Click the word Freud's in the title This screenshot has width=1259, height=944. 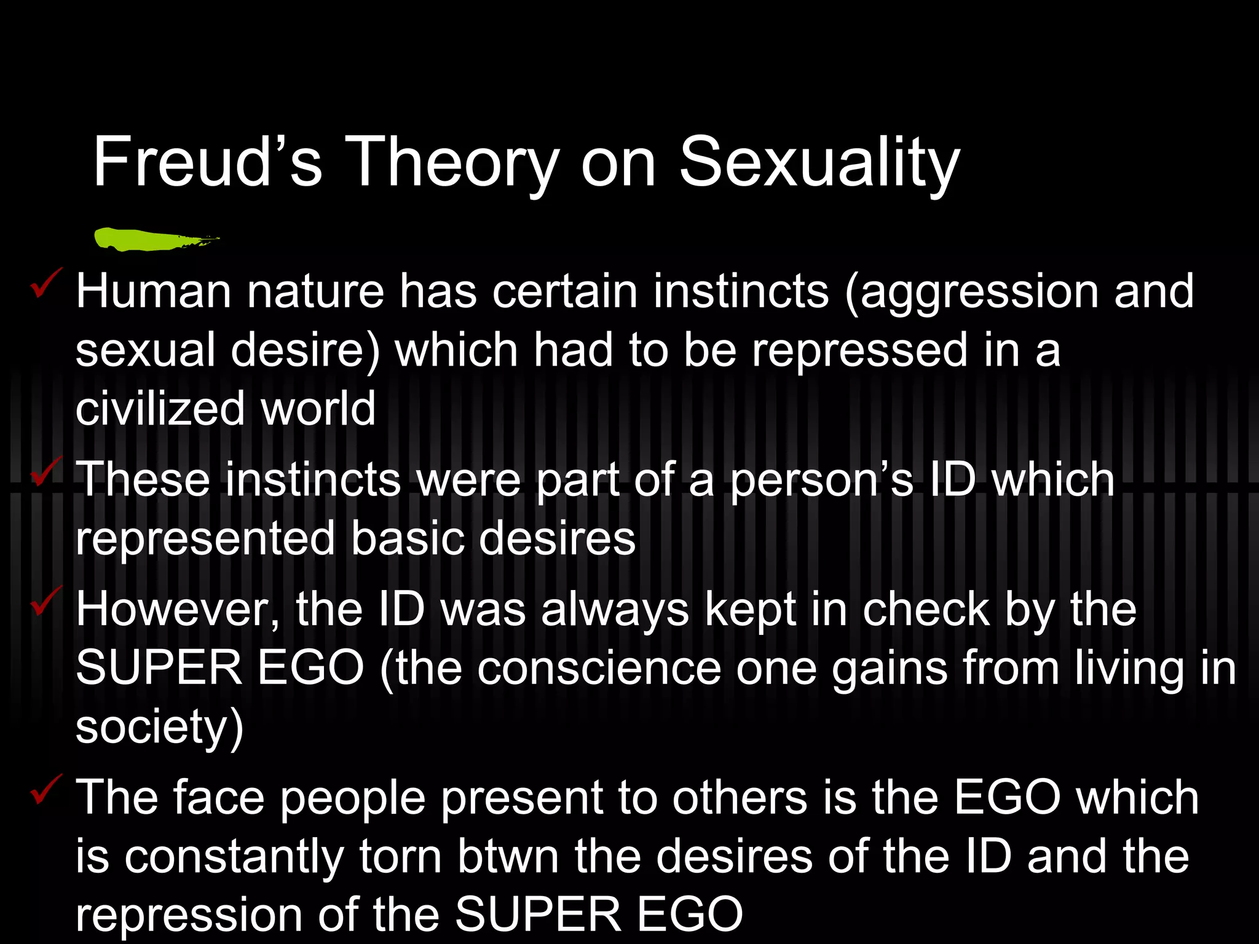tap(207, 162)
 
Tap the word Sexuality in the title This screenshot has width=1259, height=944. tap(819, 162)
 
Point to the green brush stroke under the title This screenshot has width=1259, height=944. tap(154, 239)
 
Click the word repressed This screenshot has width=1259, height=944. tap(859, 350)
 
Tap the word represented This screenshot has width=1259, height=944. tap(205, 539)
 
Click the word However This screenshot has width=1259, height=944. tap(177, 610)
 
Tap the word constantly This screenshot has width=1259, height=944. tap(234, 857)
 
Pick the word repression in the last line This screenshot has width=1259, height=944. tap(189, 915)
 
